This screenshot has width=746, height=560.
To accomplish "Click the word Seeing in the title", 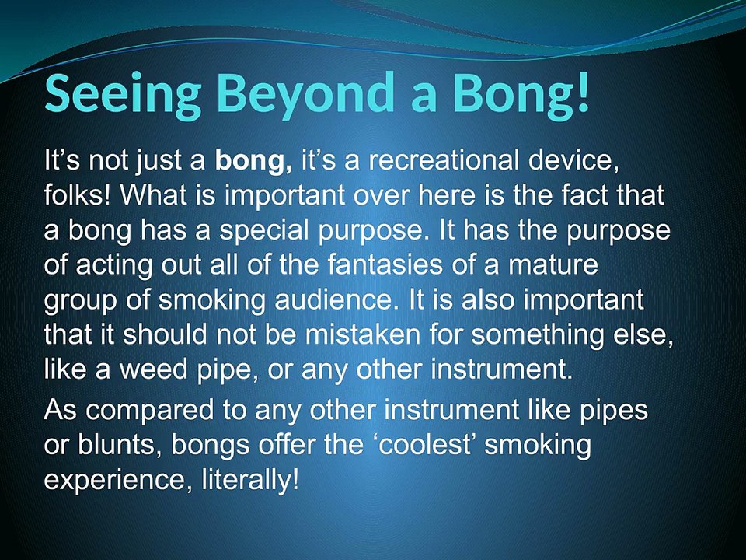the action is pos(123,94).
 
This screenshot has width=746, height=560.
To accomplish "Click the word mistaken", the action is pos(363,334).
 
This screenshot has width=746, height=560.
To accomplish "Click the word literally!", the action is pos(250,480).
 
